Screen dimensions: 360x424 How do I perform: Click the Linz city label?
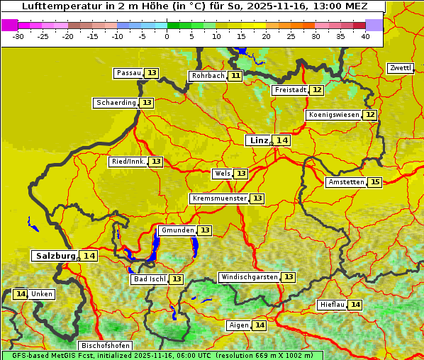[258, 140]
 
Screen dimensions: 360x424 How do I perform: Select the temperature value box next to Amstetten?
[375, 182]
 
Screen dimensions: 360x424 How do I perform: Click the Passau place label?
[129, 73]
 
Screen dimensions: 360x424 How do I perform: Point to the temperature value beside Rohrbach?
[235, 76]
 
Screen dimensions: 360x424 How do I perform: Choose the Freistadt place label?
[290, 90]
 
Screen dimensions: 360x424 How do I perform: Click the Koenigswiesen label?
[333, 115]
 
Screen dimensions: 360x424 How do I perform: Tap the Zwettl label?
[400, 68]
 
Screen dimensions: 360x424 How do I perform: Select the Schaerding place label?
[116, 103]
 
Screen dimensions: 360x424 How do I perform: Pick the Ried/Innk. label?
[128, 162]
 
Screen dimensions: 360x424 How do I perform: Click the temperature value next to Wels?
[241, 174]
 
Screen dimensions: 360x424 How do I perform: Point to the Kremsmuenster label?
[219, 198]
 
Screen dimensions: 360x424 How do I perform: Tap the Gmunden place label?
[177, 230]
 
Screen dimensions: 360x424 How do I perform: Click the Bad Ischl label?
[149, 279]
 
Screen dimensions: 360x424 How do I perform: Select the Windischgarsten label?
[249, 277]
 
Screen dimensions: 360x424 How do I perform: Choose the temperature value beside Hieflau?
[355, 305]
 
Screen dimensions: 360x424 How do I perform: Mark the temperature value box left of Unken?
[20, 294]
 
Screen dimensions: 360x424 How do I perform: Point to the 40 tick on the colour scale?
[365, 35]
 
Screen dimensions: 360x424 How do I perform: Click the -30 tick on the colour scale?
[18, 35]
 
